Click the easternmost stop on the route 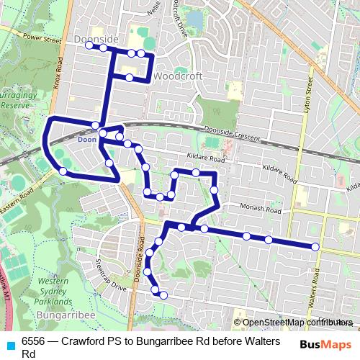pos(315,247)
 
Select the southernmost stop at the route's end pos(163,294)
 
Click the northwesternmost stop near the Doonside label pos(89,45)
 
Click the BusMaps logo pos(325,345)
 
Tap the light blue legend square pos(10,344)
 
